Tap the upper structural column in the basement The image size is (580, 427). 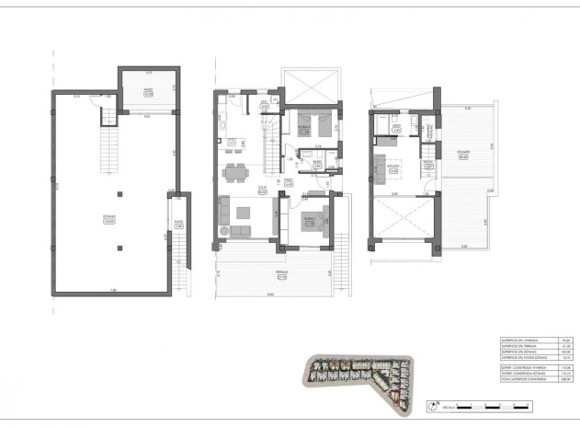119,195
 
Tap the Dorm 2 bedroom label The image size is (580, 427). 310,222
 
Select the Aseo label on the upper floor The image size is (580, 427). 396,130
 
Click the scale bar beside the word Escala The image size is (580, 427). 486,405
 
